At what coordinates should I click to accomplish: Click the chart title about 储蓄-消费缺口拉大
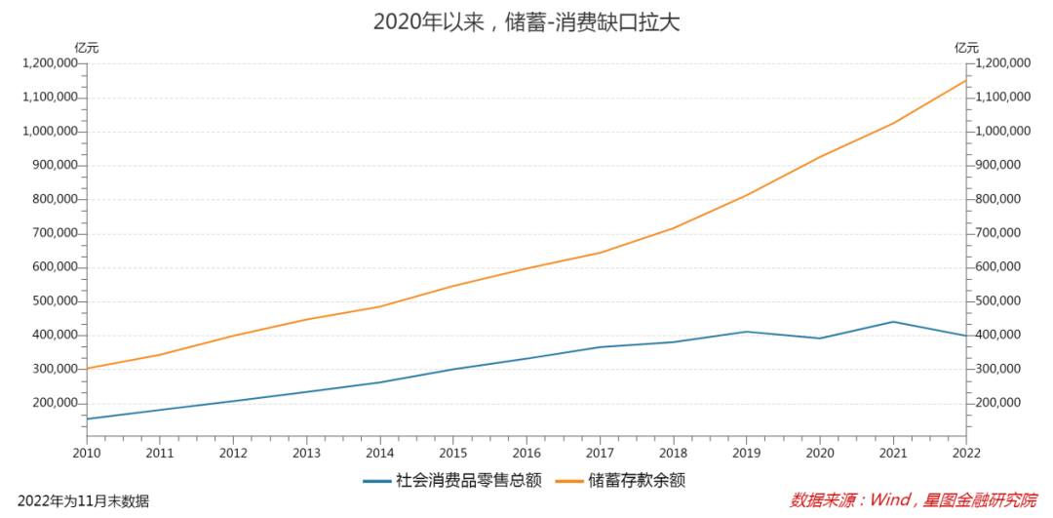tap(526, 21)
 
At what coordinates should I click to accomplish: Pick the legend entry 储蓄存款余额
tap(631, 481)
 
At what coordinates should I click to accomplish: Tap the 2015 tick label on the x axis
tap(453, 453)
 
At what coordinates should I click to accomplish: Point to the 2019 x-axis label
tap(746, 453)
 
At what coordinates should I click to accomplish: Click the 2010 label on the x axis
tap(87, 453)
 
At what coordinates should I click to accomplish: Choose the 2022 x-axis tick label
tap(965, 453)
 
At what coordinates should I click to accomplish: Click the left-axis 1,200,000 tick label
tap(50, 63)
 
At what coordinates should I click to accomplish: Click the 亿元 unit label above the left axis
tap(87, 47)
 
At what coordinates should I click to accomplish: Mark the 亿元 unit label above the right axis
tap(966, 47)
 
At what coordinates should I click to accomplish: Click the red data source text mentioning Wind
tap(913, 500)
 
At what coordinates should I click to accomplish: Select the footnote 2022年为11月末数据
tap(84, 501)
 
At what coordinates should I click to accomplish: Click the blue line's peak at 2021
tap(893, 322)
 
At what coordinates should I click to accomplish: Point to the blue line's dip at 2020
tap(820, 339)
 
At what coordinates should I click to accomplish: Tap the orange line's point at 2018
tap(674, 227)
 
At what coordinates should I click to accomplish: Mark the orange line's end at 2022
tap(965, 80)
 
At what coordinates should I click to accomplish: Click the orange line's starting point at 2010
tap(88, 369)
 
